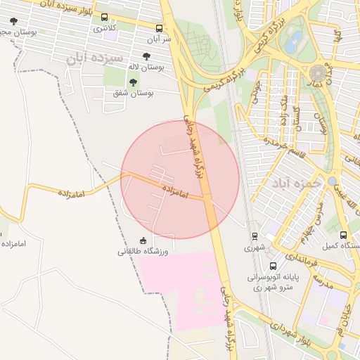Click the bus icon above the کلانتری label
coord(105,18)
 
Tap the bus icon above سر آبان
coord(160,29)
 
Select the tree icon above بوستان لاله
coord(146,56)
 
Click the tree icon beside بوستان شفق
coord(133,82)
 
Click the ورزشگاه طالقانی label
coord(146,250)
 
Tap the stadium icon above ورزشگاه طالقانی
coord(144,240)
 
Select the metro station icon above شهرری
coord(254,236)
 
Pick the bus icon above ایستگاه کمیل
coord(343,235)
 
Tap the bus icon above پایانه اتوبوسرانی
coord(273,266)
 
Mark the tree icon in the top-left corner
coord(13,21)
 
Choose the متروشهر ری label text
coord(274,287)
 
